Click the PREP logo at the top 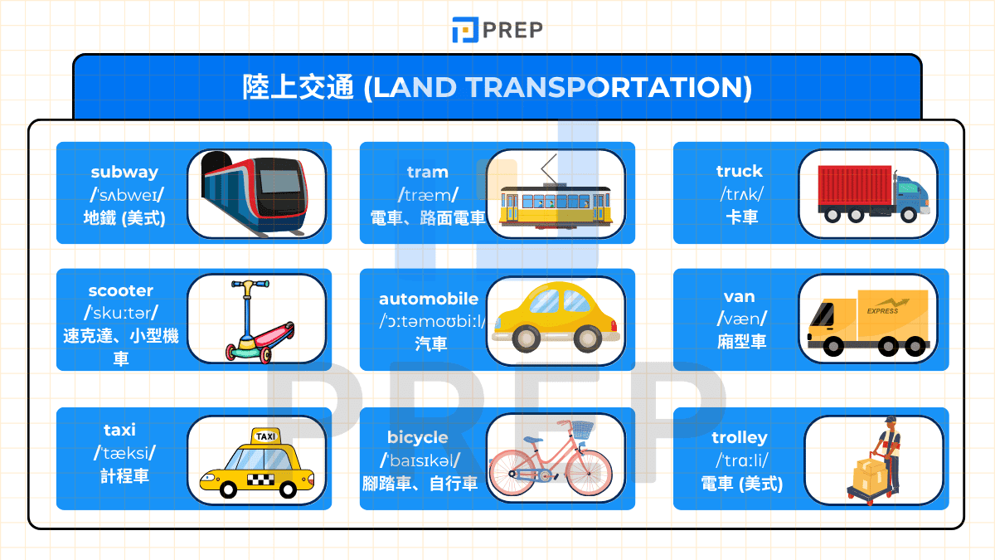coord(498,30)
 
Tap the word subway coord(124,173)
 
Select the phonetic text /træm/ coord(428,195)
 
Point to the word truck coord(739,171)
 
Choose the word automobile coord(429,299)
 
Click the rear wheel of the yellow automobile coord(527,338)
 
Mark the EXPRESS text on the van coord(882,311)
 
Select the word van coord(739,296)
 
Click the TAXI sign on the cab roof coord(266,436)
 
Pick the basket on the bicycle coord(584,430)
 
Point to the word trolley coord(740,437)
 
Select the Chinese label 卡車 coord(739,217)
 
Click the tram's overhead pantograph coord(548,169)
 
